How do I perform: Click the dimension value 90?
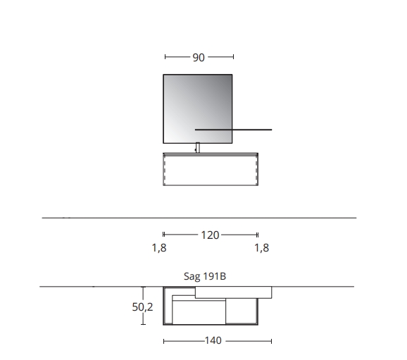(x=199, y=57)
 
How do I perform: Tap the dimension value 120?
(x=211, y=235)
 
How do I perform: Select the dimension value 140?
(x=213, y=340)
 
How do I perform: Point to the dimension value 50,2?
(x=142, y=307)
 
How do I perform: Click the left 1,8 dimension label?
(x=159, y=248)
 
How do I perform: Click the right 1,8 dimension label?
(x=262, y=248)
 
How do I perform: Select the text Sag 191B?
(x=205, y=276)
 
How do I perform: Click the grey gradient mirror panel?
(x=198, y=108)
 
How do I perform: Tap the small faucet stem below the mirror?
(x=198, y=147)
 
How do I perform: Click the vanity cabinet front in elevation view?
(x=211, y=170)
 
